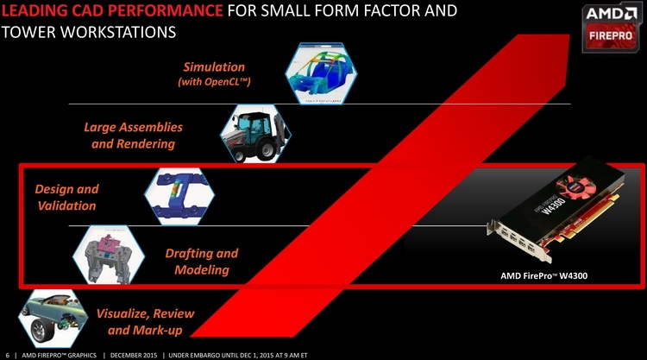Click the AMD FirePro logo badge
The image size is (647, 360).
click(611, 28)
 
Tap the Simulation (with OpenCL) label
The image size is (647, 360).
click(214, 73)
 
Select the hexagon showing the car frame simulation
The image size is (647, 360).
click(321, 73)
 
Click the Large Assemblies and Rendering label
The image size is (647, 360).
click(133, 135)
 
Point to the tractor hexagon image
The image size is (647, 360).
click(256, 133)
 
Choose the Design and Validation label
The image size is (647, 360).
click(66, 197)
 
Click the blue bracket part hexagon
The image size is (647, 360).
click(179, 196)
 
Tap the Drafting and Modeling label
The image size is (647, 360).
click(202, 261)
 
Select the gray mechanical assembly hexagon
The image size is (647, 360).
click(109, 256)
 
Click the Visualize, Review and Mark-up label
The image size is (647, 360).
click(145, 321)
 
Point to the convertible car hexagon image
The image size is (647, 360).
click(53, 319)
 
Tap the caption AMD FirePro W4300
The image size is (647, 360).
click(543, 275)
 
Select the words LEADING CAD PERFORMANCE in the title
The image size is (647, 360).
click(112, 10)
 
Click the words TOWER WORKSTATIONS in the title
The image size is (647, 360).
click(89, 32)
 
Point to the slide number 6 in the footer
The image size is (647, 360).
click(8, 355)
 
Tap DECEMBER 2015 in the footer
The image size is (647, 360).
click(134, 355)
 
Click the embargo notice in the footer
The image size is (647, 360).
click(238, 355)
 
